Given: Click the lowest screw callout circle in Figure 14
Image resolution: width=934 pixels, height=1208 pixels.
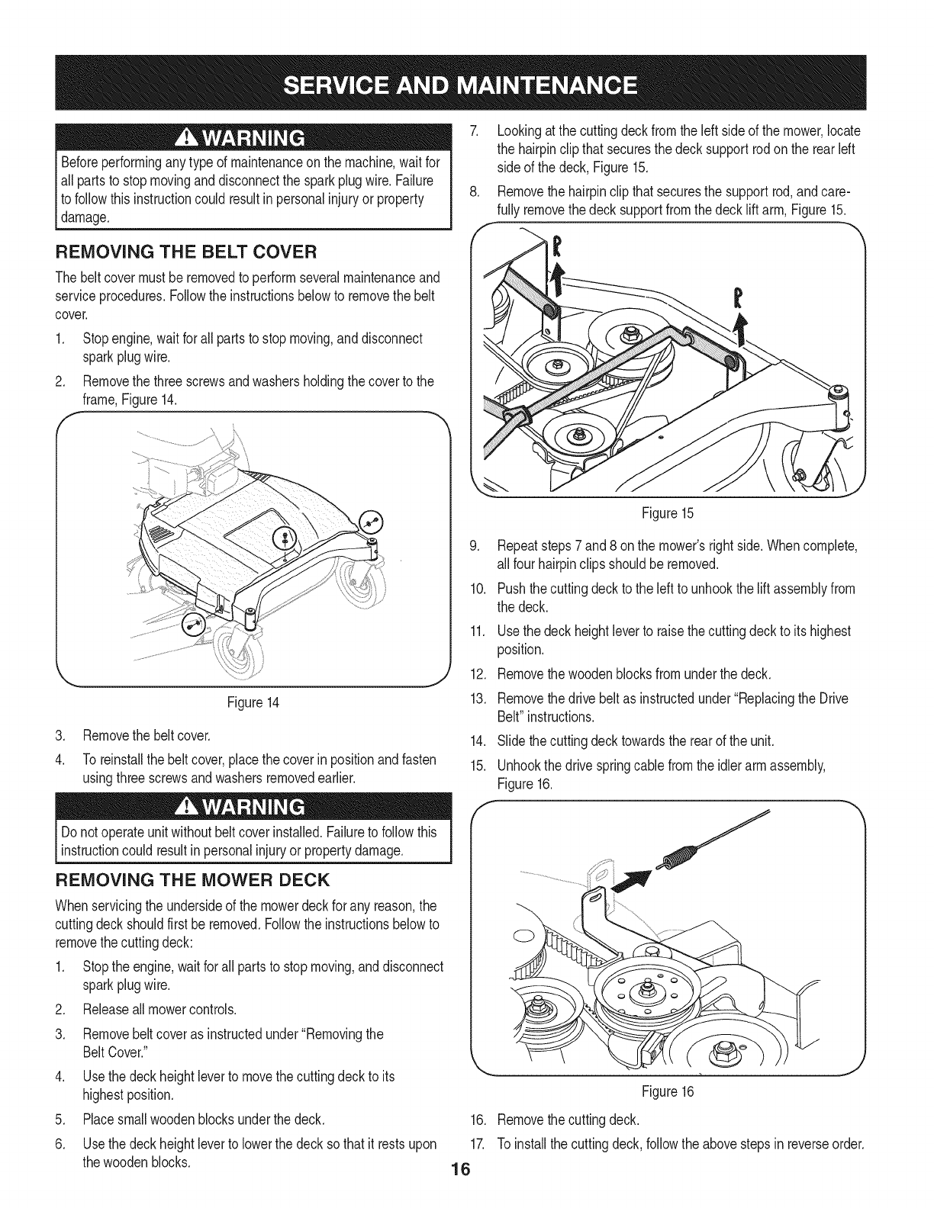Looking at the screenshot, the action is tap(194, 624).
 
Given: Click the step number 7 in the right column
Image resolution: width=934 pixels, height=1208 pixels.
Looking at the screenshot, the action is tap(473, 130).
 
